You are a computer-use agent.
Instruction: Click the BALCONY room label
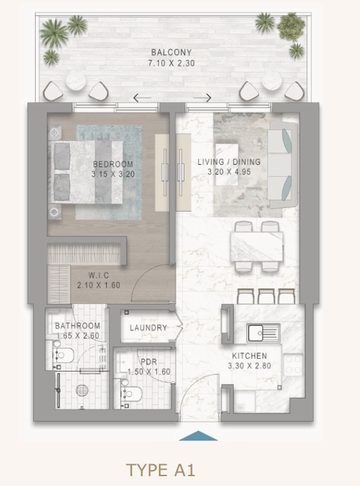172,52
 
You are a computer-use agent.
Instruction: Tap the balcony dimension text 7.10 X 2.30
172,63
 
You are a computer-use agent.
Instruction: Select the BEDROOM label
113,164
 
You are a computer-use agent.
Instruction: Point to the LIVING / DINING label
229,162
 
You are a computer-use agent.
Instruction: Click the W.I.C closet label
98,275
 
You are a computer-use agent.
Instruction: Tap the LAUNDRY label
148,328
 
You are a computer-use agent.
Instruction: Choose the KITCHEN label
250,356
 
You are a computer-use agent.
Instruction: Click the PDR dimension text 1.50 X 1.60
149,371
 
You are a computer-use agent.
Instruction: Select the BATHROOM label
77,326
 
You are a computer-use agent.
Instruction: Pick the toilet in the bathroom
63,355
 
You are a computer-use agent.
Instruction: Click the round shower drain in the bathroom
82,390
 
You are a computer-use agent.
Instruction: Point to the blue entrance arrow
198,435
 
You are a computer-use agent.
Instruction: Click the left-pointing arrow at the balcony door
142,98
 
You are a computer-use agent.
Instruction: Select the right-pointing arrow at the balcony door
202,98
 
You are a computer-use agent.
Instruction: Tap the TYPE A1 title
161,470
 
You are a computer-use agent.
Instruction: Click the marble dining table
257,247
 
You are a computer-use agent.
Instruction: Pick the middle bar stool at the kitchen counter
266,296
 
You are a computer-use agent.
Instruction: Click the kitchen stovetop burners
293,364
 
